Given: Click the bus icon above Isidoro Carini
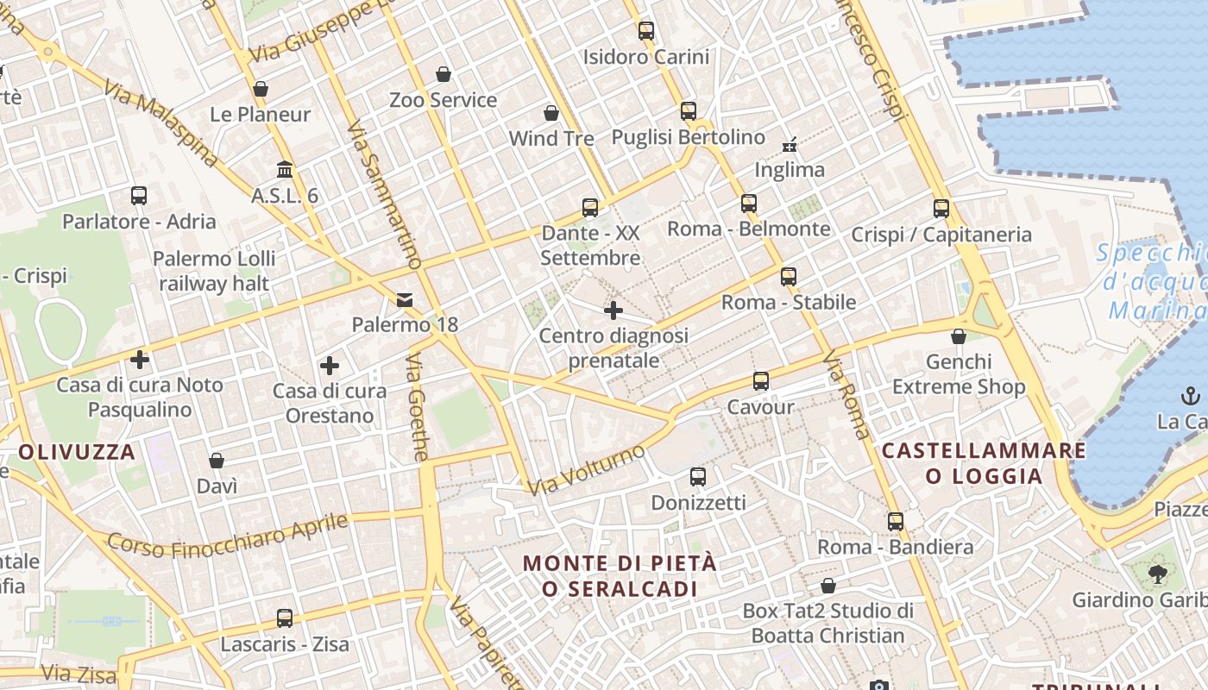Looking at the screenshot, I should coord(646,31).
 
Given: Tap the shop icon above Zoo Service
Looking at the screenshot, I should coord(444,74).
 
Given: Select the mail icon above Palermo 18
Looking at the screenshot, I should coord(404,299).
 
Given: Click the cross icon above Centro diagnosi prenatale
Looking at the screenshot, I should coord(613,310).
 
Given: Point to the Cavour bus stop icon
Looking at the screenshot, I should coord(760,380).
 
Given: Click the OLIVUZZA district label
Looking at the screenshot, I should coord(77,451).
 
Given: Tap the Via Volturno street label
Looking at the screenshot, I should coord(587,470).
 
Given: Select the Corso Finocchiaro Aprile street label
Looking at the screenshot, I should coord(228,535).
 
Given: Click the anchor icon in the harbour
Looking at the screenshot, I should coord(1190,396).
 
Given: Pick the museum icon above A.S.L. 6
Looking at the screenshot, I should coord(285,169).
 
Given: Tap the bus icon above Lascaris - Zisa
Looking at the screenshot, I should coord(285,618).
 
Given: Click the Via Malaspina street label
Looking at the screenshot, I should coord(160,123).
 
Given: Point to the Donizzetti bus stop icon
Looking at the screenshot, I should coord(698,476).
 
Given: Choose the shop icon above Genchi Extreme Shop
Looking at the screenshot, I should coord(958,336).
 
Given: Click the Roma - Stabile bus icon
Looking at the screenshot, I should coord(788,276).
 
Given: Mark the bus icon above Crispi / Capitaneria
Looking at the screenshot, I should coord(941,208).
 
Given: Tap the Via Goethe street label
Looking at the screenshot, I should coord(418,406).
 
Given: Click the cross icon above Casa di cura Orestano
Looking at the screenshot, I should coord(329,365).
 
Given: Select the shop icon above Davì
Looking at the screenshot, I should coord(217,461).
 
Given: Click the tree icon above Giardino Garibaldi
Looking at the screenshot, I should coord(1157,573).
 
